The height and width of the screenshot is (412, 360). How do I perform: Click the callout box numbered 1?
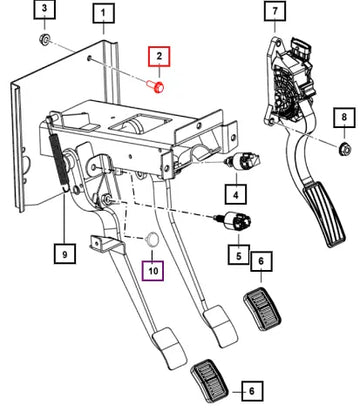pos(103,13)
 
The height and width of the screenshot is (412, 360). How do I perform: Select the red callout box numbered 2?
pos(159,56)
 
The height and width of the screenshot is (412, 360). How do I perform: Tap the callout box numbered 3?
pos(45,9)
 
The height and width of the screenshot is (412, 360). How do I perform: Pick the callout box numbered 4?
pos(236,194)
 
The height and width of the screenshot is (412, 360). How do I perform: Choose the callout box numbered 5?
pos(239,255)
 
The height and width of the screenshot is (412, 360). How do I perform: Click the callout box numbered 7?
pos(275,11)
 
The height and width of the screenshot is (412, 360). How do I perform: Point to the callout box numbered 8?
pos(344,117)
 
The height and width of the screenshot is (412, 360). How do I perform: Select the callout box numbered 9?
pos(65,254)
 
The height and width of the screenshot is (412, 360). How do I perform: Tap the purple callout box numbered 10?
pos(153,270)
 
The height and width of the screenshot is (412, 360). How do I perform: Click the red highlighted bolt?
pos(156,86)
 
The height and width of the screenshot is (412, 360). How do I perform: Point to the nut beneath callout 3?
pos(44,39)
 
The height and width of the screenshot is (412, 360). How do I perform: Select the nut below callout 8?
pos(344,149)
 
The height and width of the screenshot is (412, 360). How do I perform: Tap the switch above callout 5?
pos(234,221)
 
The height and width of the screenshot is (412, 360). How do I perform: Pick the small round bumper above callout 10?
pos(152,239)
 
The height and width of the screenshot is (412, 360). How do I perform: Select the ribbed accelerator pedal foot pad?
pos(324,214)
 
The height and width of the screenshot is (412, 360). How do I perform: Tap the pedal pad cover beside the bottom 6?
pos(209,380)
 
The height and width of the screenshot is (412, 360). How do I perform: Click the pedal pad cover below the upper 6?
pos(262,308)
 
